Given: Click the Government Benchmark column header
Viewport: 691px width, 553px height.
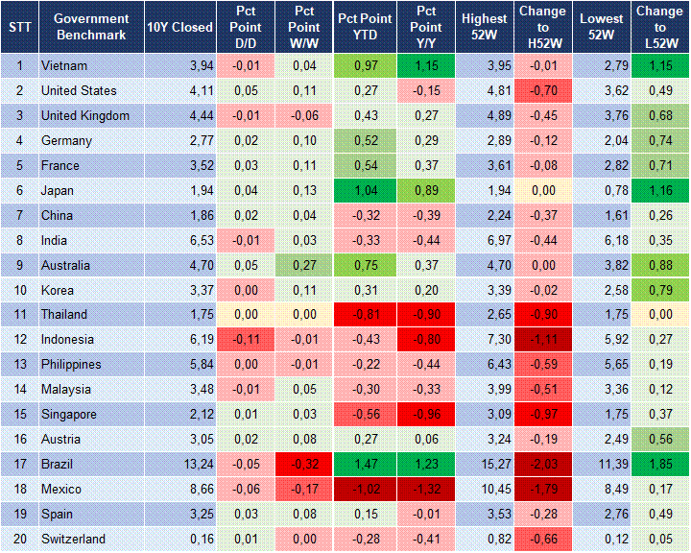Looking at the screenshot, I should pyautogui.click(x=91, y=27).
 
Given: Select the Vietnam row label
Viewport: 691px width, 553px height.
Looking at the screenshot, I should pyautogui.click(x=64, y=66).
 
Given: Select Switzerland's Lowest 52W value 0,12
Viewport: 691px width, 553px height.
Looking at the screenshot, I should pyautogui.click(x=604, y=540).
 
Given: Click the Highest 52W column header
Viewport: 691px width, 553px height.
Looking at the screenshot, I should pyautogui.click(x=484, y=27).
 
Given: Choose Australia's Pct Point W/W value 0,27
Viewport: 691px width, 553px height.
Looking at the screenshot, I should pyautogui.click(x=303, y=266).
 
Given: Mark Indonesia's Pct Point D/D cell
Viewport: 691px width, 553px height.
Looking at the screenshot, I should pyautogui.click(x=245, y=340).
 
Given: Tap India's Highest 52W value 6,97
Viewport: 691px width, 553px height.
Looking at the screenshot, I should pyautogui.click(x=484, y=241).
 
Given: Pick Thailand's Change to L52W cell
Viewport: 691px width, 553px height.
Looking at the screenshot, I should pyautogui.click(x=659, y=315).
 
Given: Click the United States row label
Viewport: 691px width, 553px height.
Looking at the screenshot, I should pyautogui.click(x=79, y=91).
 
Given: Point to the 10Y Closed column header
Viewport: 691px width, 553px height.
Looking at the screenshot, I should pyautogui.click(x=180, y=27).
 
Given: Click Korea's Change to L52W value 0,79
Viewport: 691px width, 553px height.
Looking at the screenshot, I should pyautogui.click(x=659, y=290).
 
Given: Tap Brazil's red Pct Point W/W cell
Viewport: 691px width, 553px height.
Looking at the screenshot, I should pyautogui.click(x=303, y=465).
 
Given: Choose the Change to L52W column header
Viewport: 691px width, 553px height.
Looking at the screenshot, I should pyautogui.click(x=659, y=27).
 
